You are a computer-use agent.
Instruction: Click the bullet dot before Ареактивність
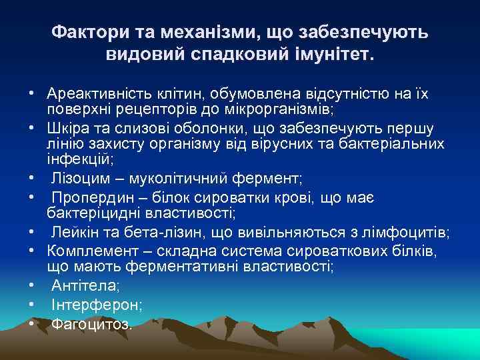coord(31,93)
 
